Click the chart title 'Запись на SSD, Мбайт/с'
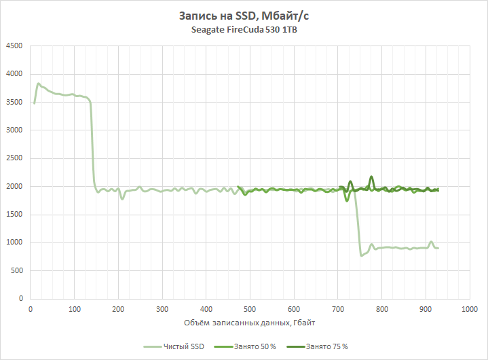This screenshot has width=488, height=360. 244,16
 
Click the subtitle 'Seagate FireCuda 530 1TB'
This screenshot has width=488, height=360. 244,31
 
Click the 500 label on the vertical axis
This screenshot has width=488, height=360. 16,271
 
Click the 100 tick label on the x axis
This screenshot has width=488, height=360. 74,310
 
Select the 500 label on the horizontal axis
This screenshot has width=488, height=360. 250,310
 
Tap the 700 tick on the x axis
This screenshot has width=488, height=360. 337,310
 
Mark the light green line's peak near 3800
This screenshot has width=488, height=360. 38,84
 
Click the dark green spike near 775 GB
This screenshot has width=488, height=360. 371,177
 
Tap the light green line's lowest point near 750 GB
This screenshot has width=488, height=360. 361,255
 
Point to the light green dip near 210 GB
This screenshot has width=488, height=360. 122,198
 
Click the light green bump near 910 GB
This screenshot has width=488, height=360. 431,242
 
